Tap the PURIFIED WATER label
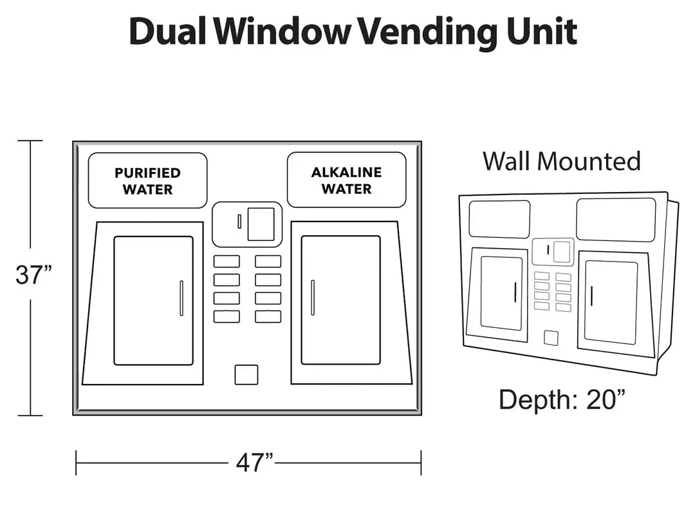(x=147, y=181)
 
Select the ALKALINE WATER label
(x=346, y=180)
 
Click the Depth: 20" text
(x=562, y=400)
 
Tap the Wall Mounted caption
(x=562, y=161)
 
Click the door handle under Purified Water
(x=181, y=298)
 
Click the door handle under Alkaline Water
(x=313, y=298)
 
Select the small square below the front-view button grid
(x=246, y=374)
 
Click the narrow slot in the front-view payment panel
(x=239, y=221)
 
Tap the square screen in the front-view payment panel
(x=261, y=224)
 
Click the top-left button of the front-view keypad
(x=227, y=262)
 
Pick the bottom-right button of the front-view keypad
(x=268, y=316)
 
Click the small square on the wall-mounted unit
(x=551, y=338)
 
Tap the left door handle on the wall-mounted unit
(x=515, y=292)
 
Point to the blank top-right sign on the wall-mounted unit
(x=615, y=219)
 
